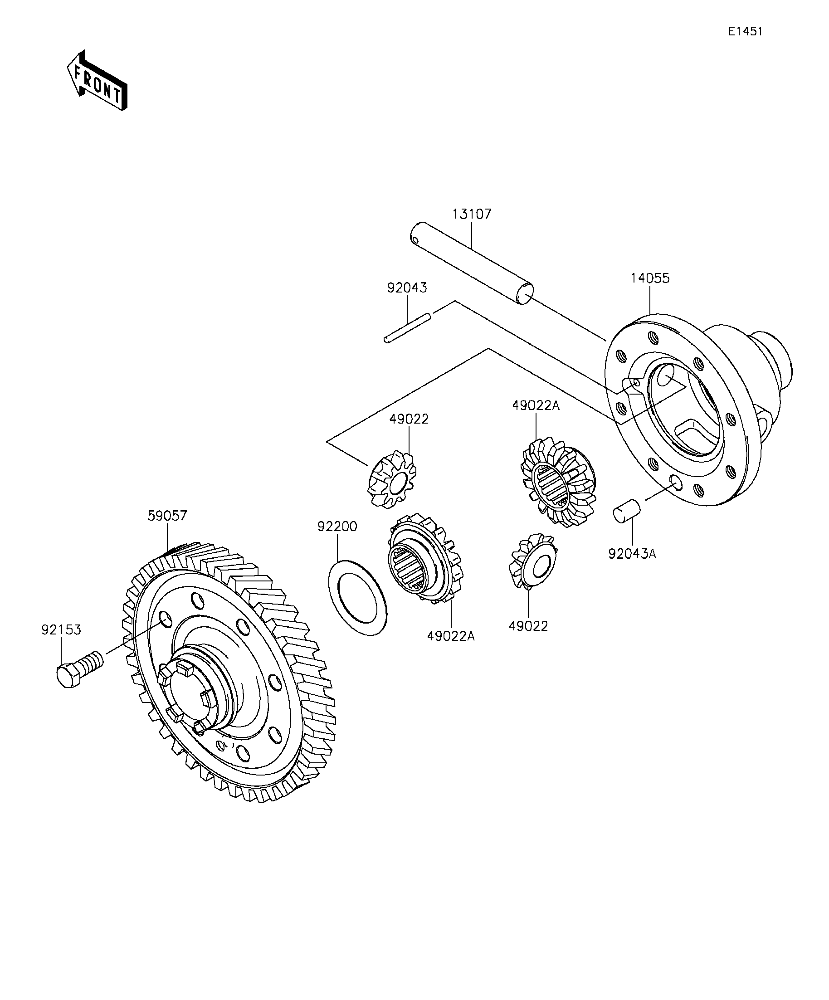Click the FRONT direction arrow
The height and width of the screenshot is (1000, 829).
pyautogui.click(x=97, y=80)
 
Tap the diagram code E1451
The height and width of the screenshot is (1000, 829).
pyautogui.click(x=745, y=31)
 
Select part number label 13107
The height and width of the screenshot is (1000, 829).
pyautogui.click(x=471, y=214)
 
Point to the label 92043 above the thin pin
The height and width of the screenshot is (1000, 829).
pyautogui.click(x=407, y=288)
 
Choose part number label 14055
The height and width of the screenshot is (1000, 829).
pyautogui.click(x=650, y=278)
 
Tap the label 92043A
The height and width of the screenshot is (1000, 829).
pyautogui.click(x=632, y=554)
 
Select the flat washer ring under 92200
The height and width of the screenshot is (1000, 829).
pyautogui.click(x=358, y=597)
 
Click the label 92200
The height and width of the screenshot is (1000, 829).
pyautogui.click(x=337, y=527)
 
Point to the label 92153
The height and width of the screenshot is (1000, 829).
pyautogui.click(x=61, y=629)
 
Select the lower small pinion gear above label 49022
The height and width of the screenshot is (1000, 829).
pyautogui.click(x=533, y=561)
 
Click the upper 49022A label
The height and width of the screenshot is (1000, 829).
pyautogui.click(x=536, y=406)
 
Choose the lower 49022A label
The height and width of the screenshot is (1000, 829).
pyautogui.click(x=451, y=636)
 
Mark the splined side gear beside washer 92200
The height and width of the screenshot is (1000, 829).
pyautogui.click(x=425, y=558)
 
